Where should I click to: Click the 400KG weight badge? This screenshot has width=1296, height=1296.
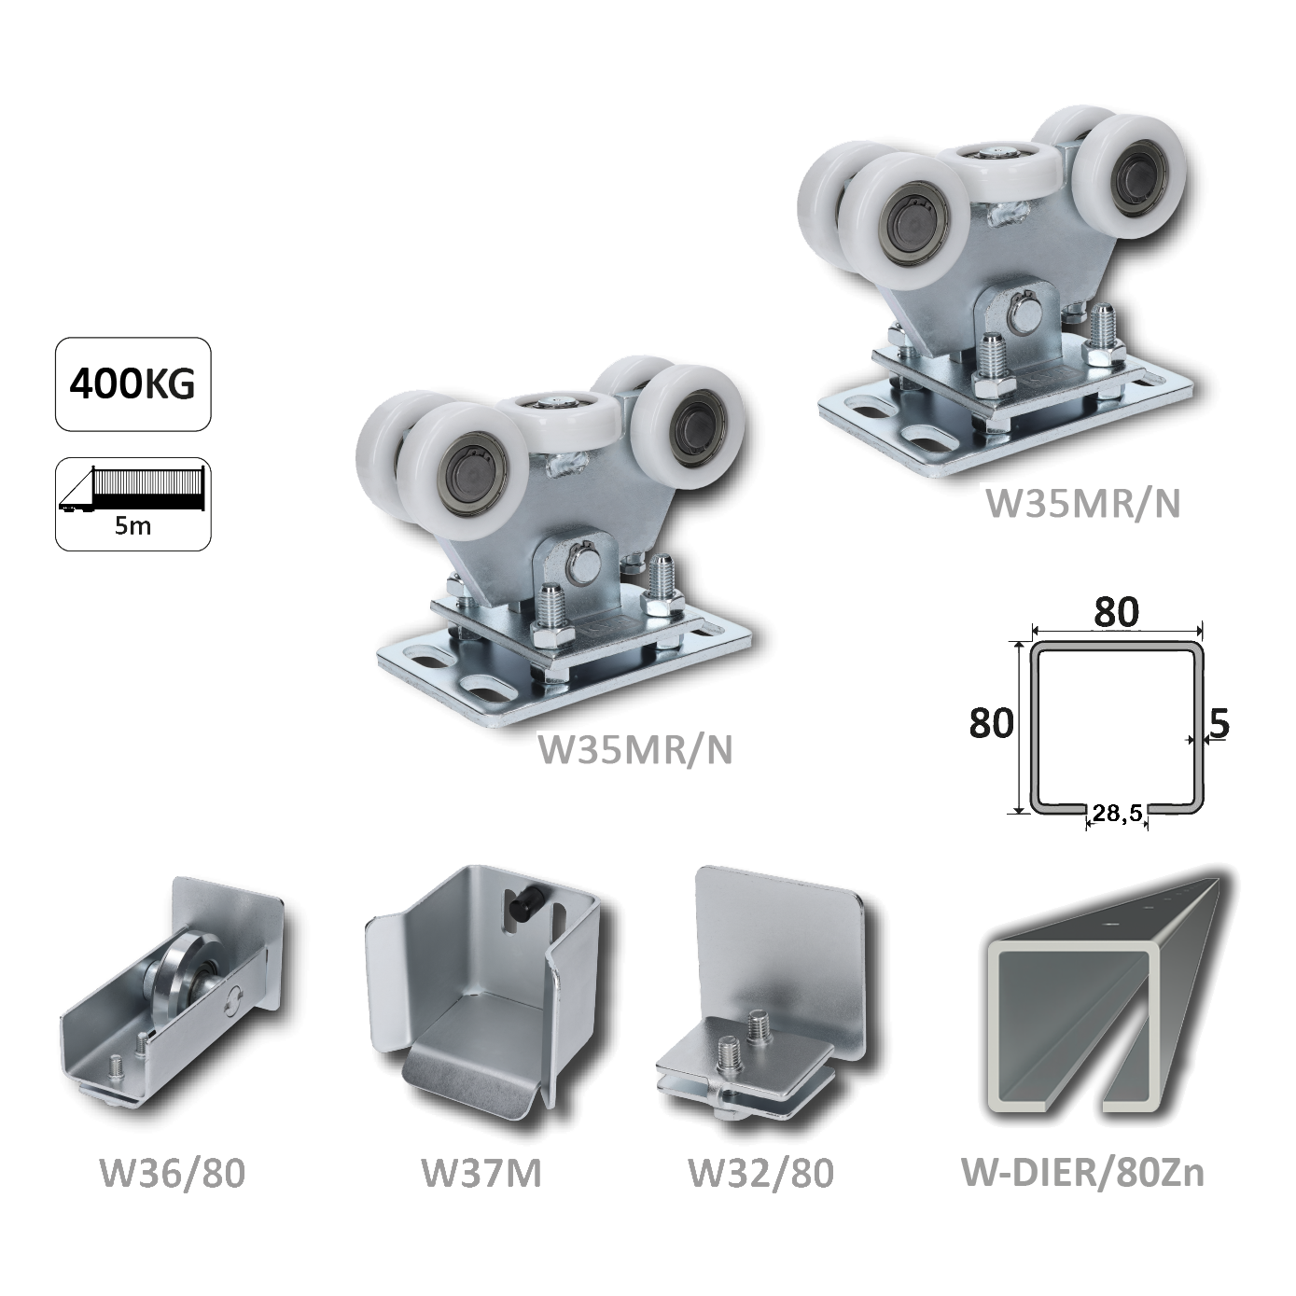[x=133, y=384]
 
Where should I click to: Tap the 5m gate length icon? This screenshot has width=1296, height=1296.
[x=133, y=505]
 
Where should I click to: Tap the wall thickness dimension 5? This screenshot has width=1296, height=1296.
[x=1219, y=724]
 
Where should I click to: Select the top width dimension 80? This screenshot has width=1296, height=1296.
[x=1117, y=611]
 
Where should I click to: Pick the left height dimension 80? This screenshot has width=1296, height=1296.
[x=991, y=724]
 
